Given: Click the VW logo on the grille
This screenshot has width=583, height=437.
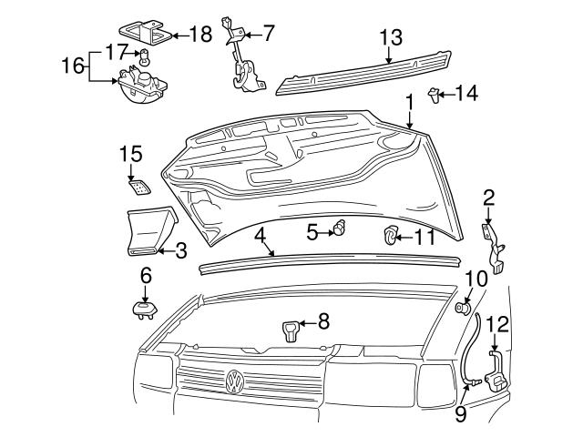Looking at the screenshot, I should (x=235, y=381).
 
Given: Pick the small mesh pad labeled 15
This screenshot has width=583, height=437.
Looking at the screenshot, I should (x=139, y=188).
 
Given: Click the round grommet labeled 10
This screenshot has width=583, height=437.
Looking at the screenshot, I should (x=462, y=310).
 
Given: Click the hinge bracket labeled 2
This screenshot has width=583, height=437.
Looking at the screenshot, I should (x=497, y=248).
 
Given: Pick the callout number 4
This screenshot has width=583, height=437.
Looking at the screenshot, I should (x=261, y=235).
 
